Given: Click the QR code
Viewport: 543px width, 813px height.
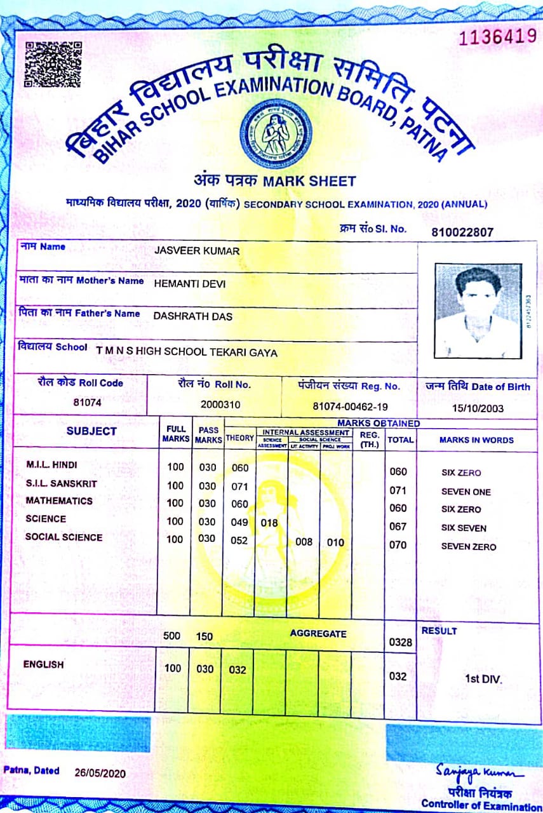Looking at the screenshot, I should [x=53, y=64].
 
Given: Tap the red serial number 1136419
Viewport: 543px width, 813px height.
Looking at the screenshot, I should [x=497, y=36].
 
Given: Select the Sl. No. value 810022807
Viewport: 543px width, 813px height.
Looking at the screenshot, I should [x=462, y=232].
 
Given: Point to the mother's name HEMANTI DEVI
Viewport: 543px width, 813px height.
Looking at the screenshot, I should [x=190, y=284].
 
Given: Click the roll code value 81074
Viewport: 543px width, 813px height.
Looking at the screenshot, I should [x=88, y=402].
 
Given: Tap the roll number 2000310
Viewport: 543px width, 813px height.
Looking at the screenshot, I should [x=219, y=404].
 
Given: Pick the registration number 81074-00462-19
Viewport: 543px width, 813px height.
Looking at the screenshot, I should [x=351, y=406].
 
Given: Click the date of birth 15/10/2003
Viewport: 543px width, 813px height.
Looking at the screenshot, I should [x=478, y=408].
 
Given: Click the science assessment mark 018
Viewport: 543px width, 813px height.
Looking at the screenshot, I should [x=270, y=523].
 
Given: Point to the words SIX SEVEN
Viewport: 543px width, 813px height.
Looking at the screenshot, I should [x=464, y=528].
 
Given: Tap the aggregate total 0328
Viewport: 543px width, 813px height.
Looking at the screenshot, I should [x=400, y=642].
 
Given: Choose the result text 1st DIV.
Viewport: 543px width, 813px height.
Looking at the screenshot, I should [x=483, y=679].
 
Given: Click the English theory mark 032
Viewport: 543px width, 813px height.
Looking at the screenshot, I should [x=238, y=669].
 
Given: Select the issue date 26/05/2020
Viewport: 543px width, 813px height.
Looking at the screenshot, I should [x=100, y=773].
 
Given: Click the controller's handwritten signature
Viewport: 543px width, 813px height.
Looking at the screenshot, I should [x=479, y=772].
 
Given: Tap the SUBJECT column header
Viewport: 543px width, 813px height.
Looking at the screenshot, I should [x=91, y=431].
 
